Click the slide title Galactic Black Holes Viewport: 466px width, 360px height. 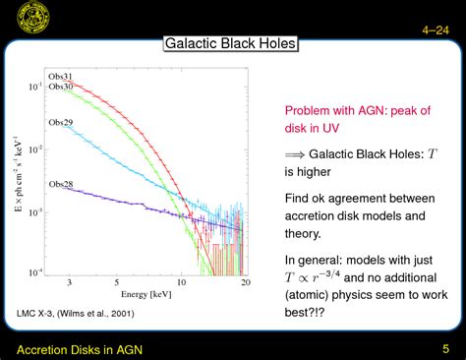point(230,44)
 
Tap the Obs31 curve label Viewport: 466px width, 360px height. point(61,77)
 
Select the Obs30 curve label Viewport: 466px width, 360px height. point(61,88)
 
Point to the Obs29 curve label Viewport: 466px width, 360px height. point(61,123)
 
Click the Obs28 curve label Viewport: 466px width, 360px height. point(61,184)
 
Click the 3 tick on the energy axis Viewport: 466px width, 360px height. point(69,282)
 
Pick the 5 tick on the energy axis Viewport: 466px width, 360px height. point(115,282)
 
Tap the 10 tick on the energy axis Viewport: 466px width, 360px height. point(181,282)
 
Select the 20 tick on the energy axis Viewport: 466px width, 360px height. point(243,282)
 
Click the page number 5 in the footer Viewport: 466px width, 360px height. point(444,348)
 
